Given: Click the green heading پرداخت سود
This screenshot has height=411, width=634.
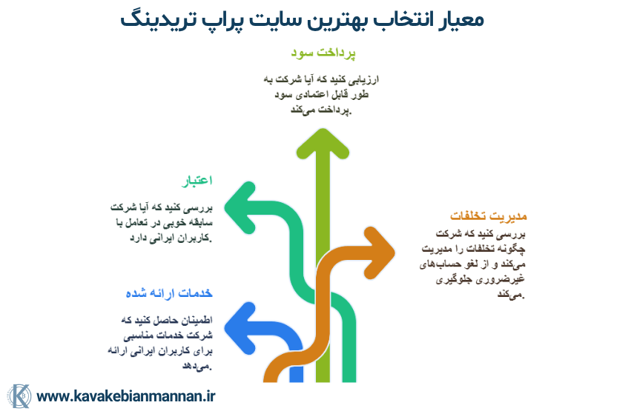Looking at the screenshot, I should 323,53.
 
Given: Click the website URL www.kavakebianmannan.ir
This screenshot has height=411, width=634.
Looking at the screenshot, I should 125,395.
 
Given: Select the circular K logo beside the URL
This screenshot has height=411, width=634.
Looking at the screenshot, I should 19,395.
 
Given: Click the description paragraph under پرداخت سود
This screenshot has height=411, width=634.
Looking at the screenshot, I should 321,94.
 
